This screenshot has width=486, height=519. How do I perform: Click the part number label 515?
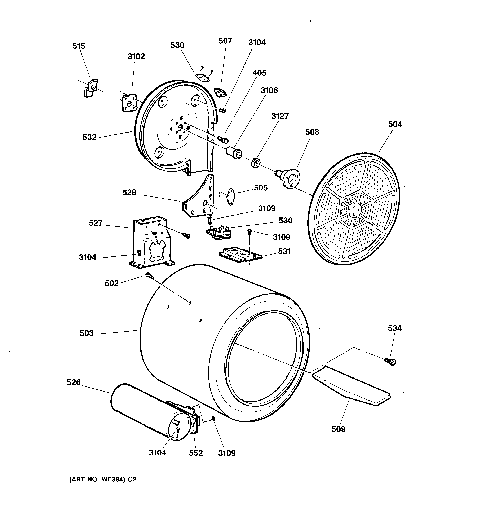[79, 46]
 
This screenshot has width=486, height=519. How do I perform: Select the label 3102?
[136, 57]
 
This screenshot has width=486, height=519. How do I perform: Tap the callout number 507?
[225, 41]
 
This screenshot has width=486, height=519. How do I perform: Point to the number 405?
[259, 73]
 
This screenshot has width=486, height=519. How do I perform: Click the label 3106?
[269, 91]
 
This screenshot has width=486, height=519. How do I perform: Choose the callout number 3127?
[280, 116]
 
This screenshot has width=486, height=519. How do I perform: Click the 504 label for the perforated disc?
[395, 125]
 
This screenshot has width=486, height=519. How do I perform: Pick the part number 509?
[338, 429]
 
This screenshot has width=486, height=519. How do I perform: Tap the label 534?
[394, 328]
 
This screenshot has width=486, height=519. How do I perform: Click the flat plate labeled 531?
[240, 254]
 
